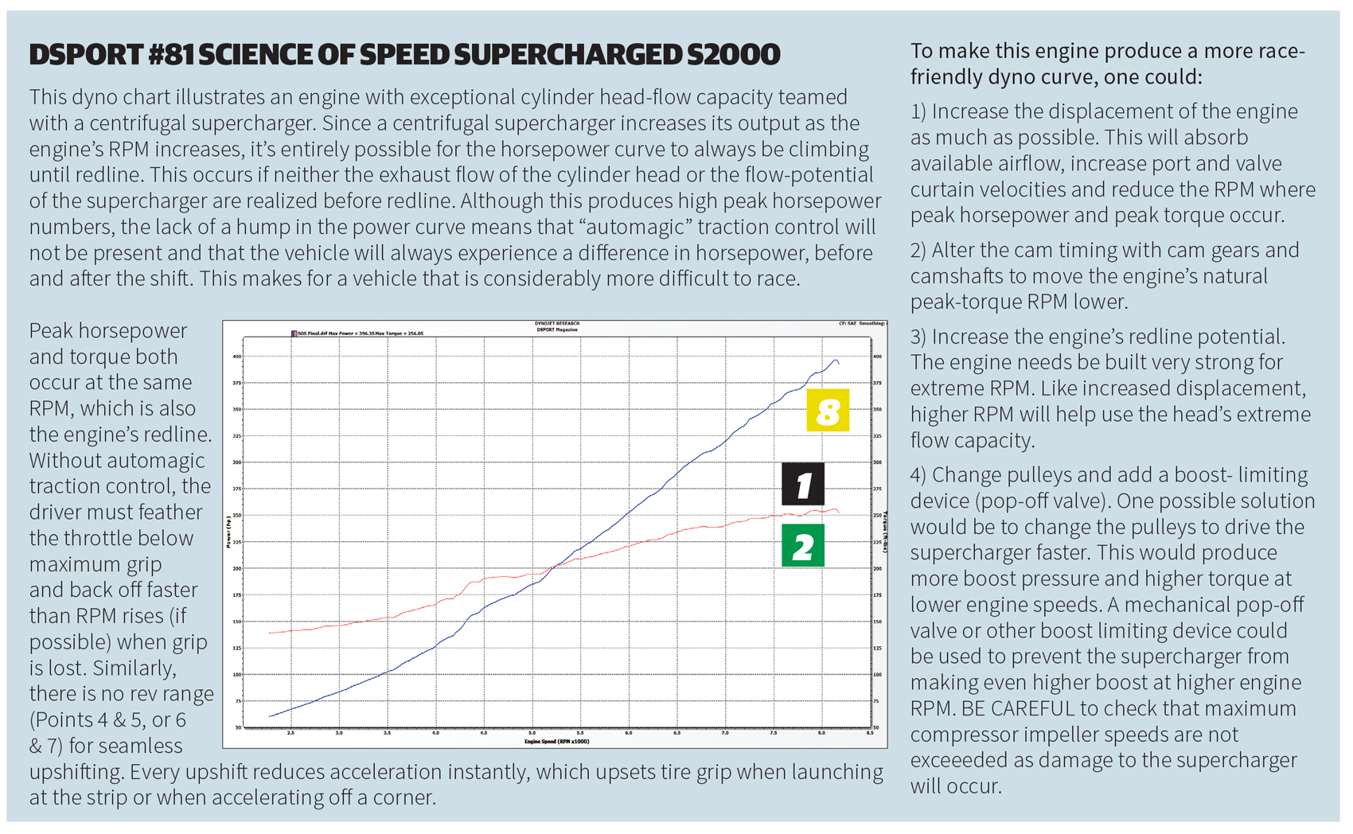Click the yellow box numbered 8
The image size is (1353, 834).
(828, 411)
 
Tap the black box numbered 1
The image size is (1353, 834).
(802, 484)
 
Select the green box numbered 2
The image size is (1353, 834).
(802, 546)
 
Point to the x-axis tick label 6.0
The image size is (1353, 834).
(629, 733)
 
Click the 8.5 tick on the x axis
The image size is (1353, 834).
(870, 733)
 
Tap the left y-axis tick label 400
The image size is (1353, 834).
(236, 357)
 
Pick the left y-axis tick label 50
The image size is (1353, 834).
(238, 727)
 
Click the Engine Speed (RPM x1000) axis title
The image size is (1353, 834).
(556, 742)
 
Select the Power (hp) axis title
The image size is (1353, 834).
(228, 532)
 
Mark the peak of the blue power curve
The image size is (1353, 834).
(835, 360)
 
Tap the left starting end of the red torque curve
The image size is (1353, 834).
(270, 633)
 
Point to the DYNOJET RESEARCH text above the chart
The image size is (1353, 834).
(556, 324)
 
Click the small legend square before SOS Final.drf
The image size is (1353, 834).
(293, 333)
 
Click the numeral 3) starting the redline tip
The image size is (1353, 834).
(919, 337)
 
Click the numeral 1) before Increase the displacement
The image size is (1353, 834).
(919, 111)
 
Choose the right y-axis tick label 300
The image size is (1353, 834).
(877, 462)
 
